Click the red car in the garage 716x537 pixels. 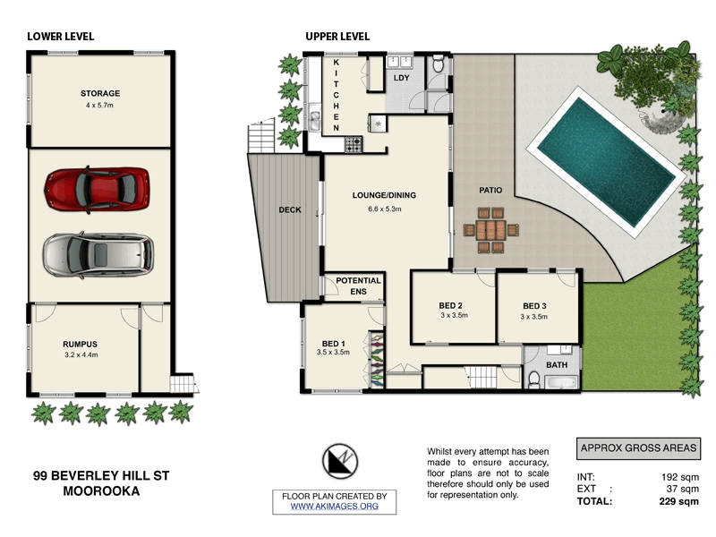tap(98, 187)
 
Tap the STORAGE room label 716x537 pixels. tap(100, 94)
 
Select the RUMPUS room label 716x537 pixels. tap(80, 344)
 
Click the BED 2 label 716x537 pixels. tap(450, 304)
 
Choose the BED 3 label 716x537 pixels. tap(534, 304)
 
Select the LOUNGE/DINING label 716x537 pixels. tap(384, 195)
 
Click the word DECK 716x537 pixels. tap(289, 210)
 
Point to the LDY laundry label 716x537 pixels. tap(402, 78)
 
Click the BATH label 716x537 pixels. tap(557, 365)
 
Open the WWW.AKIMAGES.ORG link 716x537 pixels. tap(334, 507)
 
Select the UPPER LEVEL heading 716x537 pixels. tap(337, 37)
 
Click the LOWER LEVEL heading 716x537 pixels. tap(61, 37)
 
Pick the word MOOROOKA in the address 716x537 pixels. tap(101, 491)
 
